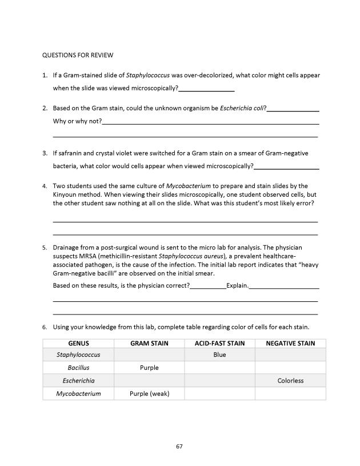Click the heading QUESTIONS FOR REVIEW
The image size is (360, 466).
pyautogui.click(x=78, y=55)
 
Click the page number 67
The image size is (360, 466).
pyautogui.click(x=179, y=446)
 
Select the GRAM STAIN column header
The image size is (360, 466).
pyautogui.click(x=149, y=343)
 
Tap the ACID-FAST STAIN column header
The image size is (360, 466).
pyautogui.click(x=219, y=343)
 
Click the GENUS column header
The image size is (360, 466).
pyautogui.click(x=78, y=343)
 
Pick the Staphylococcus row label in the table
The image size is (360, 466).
pyautogui.click(x=78, y=355)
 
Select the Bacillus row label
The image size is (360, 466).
pyautogui.click(x=78, y=368)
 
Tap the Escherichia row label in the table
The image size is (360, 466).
pyautogui.click(x=78, y=381)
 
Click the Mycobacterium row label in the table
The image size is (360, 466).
pyautogui.click(x=78, y=393)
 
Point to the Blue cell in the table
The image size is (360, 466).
pyautogui.click(x=219, y=355)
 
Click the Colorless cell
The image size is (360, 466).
pyautogui.click(x=290, y=381)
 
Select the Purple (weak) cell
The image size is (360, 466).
pyautogui.click(x=149, y=393)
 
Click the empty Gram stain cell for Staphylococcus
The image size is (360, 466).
pyautogui.click(x=149, y=355)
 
